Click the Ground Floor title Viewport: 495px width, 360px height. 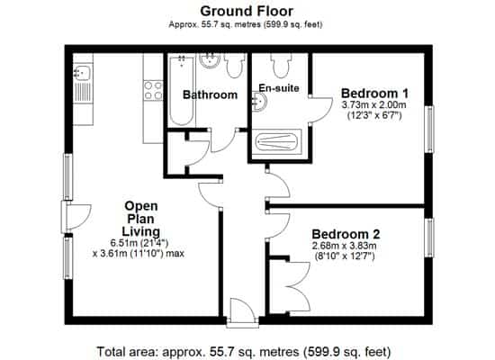[x=247, y=12]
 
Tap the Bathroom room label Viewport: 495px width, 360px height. [x=210, y=94]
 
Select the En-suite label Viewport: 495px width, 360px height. [x=279, y=88]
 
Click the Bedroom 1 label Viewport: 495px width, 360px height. [x=374, y=94]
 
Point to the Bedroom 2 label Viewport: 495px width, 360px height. [x=346, y=234]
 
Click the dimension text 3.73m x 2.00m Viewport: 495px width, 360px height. [x=374, y=104]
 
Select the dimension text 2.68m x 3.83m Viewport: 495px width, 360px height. [x=345, y=246]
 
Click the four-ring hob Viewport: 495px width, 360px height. [x=153, y=90]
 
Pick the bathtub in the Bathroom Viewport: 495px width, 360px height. [x=181, y=90]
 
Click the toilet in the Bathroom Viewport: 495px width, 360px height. [x=235, y=65]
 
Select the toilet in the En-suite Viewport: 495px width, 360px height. [x=281, y=65]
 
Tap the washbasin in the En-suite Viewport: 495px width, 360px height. [x=259, y=101]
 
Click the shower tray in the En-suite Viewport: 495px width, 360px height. [x=276, y=142]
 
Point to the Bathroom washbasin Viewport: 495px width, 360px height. [x=210, y=60]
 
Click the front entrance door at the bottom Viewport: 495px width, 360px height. [x=242, y=310]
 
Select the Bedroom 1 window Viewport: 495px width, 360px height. [x=429, y=130]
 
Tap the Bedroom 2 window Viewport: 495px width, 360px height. [x=429, y=238]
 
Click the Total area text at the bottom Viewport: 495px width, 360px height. [x=243, y=352]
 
